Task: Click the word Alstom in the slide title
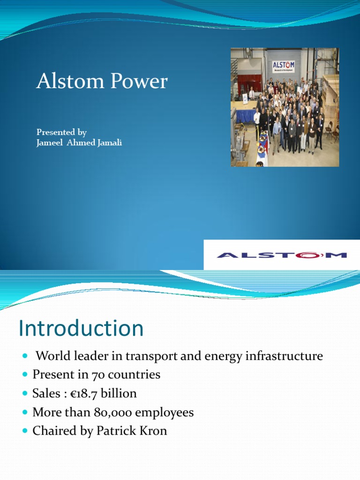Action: point(63,82)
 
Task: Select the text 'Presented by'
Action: point(61,132)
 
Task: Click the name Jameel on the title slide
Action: point(51,143)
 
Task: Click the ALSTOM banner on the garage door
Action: point(284,66)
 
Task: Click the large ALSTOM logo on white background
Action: point(281,255)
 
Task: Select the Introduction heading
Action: point(81,329)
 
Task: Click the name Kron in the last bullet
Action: point(153,431)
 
